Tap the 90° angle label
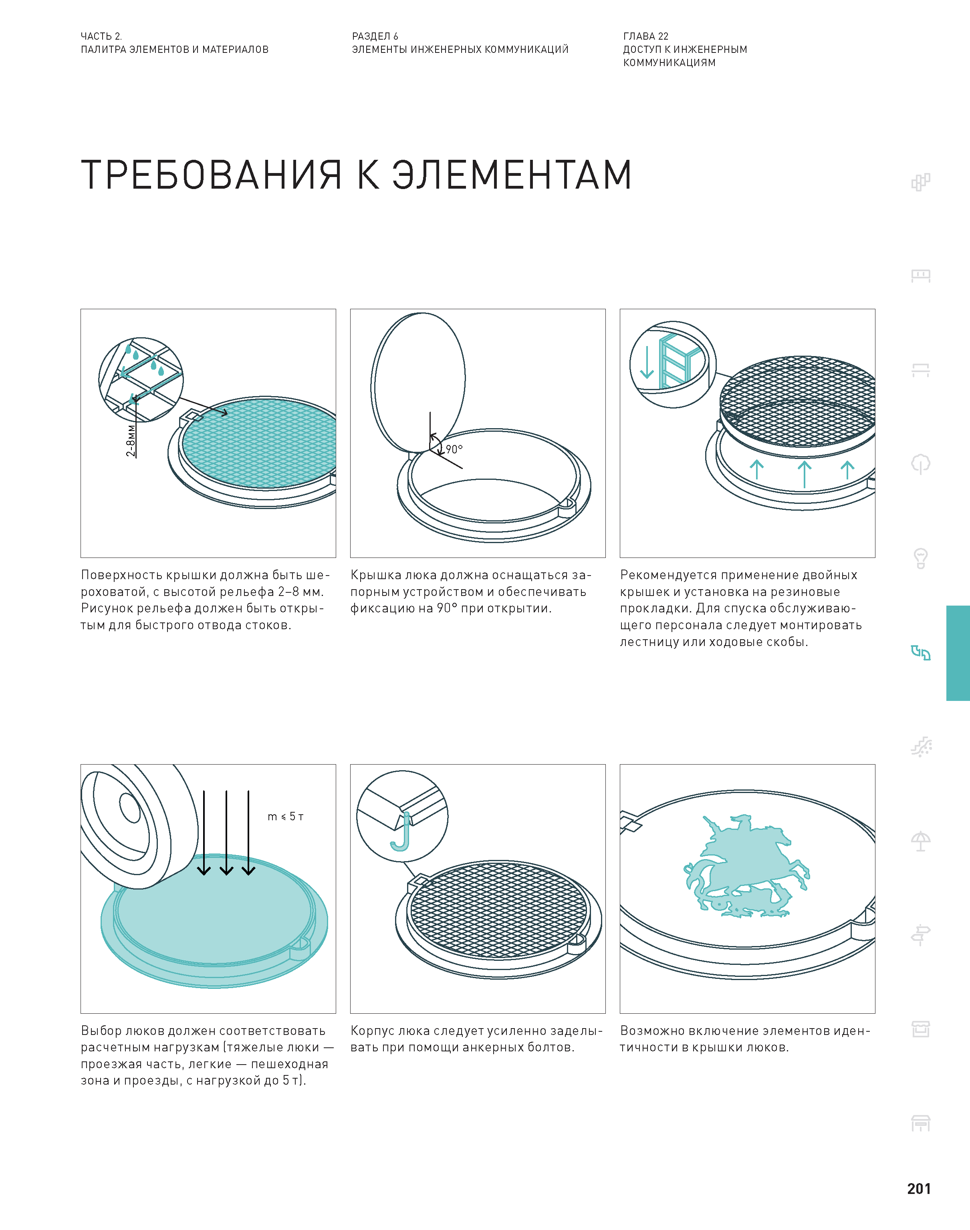(x=454, y=449)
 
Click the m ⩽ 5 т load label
(x=286, y=816)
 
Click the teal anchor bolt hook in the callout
(x=401, y=833)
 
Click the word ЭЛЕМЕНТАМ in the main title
(x=512, y=174)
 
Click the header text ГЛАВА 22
(x=646, y=36)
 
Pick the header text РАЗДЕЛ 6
(x=375, y=36)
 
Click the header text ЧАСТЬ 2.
(x=101, y=36)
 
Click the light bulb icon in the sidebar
(x=921, y=558)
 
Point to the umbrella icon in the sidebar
(x=921, y=841)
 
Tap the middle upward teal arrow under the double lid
(x=804, y=475)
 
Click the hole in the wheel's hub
(x=130, y=808)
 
